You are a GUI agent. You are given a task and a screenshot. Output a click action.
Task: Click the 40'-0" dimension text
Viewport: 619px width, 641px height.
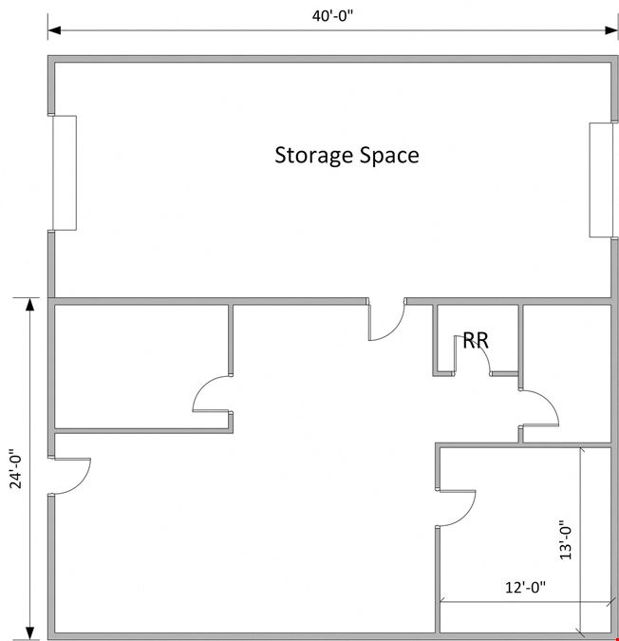(x=332, y=16)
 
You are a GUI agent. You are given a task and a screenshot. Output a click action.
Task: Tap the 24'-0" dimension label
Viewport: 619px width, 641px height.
(x=16, y=469)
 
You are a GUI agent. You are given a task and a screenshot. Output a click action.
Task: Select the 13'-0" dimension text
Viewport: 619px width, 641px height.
(x=566, y=540)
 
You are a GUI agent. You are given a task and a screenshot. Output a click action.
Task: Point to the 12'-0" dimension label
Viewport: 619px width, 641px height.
(x=525, y=588)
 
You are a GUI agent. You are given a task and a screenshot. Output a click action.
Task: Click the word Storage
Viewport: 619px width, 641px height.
(x=314, y=156)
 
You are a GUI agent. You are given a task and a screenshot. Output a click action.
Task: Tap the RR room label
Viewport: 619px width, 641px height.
(x=476, y=340)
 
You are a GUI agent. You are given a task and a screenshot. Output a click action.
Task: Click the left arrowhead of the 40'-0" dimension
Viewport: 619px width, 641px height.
(x=54, y=30)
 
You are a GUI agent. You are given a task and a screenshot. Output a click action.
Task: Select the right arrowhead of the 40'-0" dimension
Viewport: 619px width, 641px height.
(x=611, y=30)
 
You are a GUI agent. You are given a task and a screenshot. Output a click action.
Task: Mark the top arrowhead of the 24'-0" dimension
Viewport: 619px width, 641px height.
(x=29, y=305)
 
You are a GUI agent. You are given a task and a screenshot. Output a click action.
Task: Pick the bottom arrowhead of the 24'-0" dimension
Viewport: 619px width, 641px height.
(x=29, y=633)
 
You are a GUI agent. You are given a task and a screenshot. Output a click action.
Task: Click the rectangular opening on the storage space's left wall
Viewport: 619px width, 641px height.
(x=65, y=173)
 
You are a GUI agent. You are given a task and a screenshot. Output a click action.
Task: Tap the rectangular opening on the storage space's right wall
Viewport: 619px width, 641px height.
(x=601, y=179)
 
